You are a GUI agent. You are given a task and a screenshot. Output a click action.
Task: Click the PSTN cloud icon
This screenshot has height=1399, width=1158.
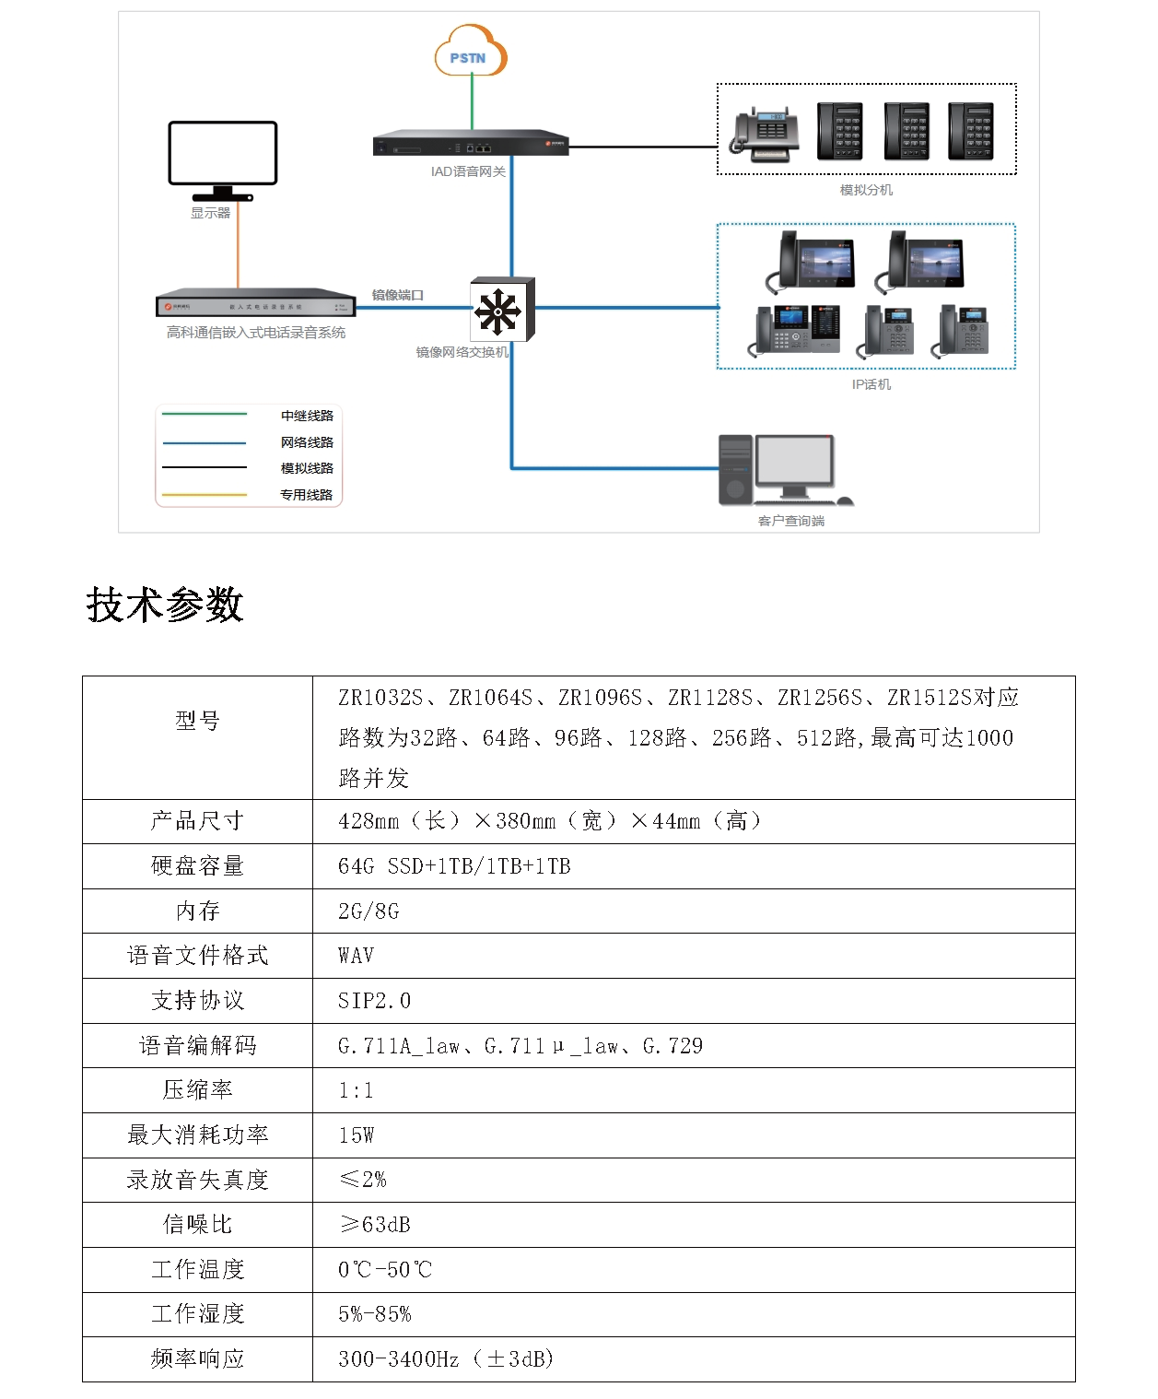471,53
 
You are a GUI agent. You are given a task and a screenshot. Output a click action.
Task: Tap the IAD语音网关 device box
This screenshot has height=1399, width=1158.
471,146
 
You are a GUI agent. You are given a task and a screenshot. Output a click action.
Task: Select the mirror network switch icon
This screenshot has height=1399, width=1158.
501,310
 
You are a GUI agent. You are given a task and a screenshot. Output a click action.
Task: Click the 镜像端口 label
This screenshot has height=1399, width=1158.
397,296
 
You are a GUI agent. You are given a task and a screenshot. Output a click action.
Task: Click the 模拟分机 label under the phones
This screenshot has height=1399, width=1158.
866,191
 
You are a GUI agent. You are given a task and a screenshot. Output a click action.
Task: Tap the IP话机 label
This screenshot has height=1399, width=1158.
871,385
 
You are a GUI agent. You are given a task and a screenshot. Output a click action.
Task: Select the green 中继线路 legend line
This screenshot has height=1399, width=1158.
205,415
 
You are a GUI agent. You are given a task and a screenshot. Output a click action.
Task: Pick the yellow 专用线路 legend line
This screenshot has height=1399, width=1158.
205,495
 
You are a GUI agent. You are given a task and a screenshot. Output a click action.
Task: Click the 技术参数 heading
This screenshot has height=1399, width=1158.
165,605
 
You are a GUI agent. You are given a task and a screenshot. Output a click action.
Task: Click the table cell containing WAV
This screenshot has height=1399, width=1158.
357,956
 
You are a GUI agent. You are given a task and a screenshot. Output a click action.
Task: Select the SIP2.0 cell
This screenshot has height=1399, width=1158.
374,1001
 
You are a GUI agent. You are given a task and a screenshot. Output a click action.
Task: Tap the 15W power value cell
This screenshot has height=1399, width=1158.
357,1135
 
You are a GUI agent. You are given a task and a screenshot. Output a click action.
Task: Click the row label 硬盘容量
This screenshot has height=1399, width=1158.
197,866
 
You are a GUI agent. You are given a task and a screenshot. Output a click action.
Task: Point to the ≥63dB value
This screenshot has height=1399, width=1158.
375,1225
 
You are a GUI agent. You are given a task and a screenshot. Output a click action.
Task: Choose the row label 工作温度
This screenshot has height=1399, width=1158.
197,1270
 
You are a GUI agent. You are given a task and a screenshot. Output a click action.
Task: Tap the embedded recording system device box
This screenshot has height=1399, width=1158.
256,305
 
